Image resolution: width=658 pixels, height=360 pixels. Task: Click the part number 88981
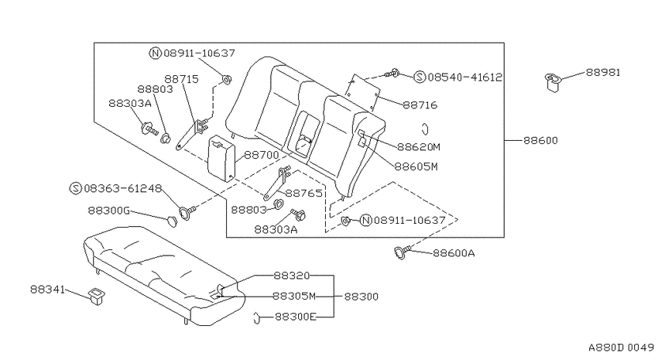(x=602, y=72)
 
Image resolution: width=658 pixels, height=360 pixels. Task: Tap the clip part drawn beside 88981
(x=553, y=82)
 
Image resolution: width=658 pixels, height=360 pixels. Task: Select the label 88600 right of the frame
(x=540, y=140)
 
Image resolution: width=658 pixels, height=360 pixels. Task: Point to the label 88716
(x=420, y=105)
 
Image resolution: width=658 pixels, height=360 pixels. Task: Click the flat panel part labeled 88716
(x=362, y=93)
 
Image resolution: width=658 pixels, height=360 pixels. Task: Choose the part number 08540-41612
(x=464, y=77)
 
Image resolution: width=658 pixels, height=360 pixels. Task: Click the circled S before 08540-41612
(x=420, y=77)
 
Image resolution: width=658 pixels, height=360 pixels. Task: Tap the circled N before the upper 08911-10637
(x=156, y=53)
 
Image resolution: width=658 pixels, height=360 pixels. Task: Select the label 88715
(x=181, y=79)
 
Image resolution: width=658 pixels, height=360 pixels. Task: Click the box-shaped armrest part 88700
(x=221, y=158)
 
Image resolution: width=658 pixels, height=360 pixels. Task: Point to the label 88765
(x=303, y=193)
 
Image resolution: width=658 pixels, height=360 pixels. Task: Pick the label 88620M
(x=419, y=147)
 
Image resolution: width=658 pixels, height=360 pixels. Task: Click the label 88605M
(x=416, y=166)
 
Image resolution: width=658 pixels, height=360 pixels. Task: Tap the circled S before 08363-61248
(x=75, y=188)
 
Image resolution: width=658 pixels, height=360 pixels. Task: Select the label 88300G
(x=108, y=211)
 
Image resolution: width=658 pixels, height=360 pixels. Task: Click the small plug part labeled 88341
(x=96, y=296)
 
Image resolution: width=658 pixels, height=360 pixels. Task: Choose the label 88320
(x=291, y=276)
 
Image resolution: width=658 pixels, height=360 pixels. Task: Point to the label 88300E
(x=296, y=317)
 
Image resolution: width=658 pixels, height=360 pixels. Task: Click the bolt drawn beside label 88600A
(x=402, y=252)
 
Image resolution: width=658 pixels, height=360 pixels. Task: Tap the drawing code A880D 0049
(x=622, y=348)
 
